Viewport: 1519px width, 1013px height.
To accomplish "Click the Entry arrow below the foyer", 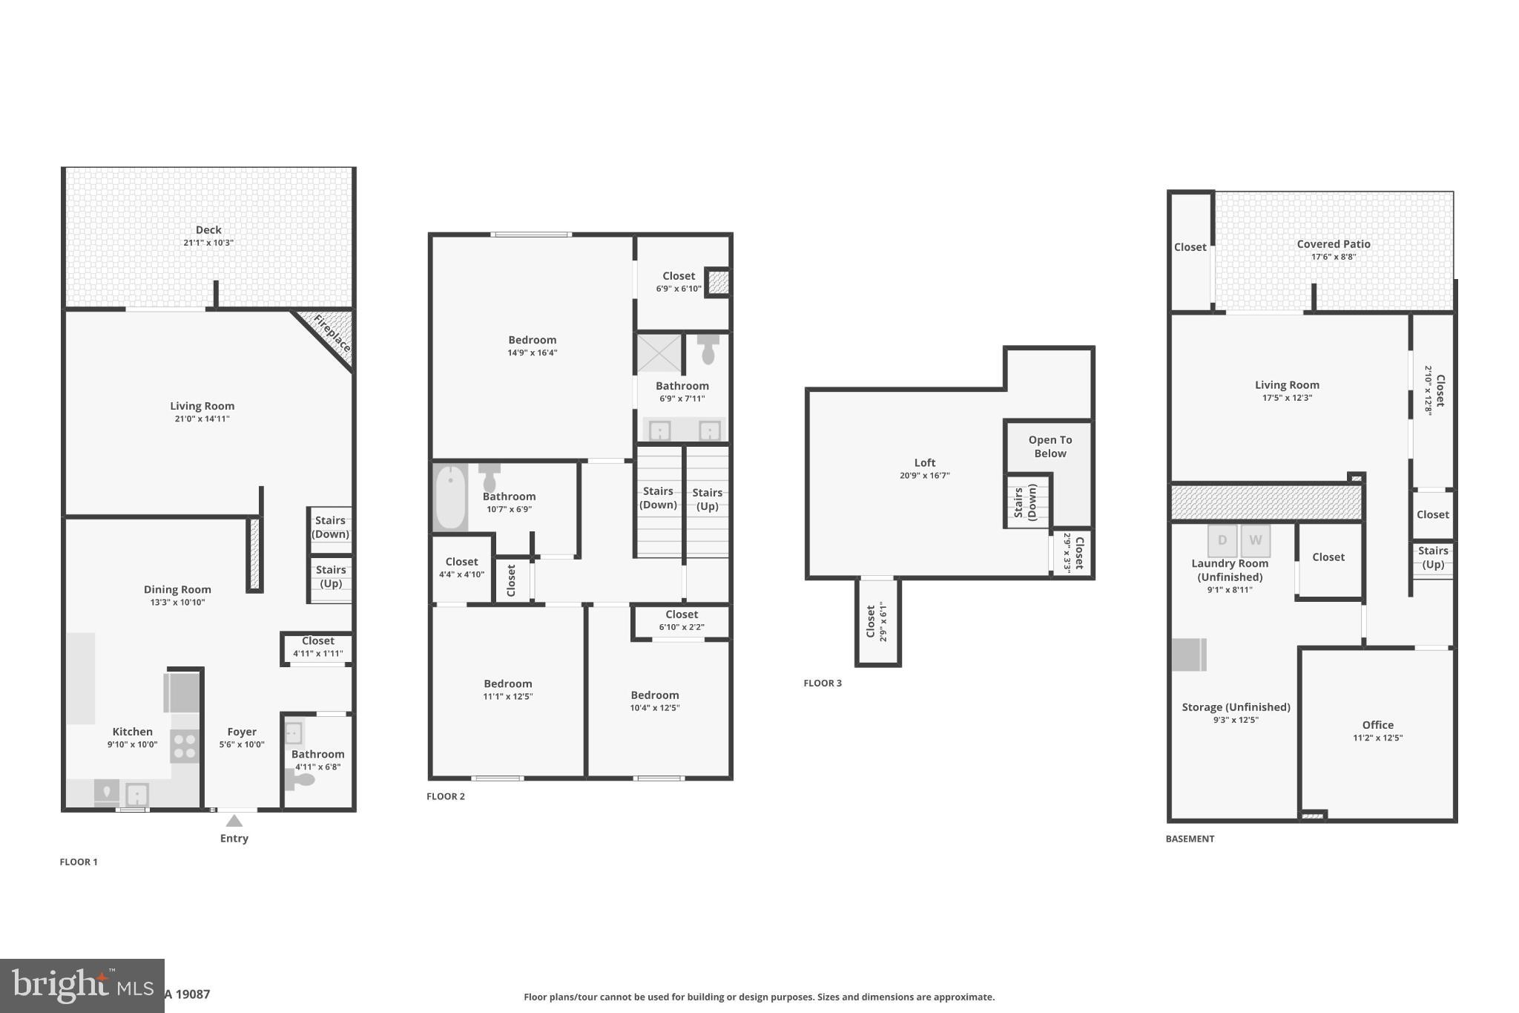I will pos(234,820).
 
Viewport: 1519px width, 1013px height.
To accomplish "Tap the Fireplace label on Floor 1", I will pos(332,334).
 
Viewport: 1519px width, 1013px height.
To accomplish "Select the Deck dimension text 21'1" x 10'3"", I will pos(208,243).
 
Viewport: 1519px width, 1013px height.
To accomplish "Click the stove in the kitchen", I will pos(185,746).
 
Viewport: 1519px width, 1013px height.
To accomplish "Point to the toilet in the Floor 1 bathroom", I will pos(300,779).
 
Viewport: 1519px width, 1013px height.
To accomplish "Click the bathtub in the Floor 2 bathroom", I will pos(450,496).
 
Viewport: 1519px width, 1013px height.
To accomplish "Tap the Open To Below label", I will pos(1050,447).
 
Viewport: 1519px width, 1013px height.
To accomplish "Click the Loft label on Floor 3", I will pos(924,462).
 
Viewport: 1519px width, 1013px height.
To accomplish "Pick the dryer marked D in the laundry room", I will pos(1222,540).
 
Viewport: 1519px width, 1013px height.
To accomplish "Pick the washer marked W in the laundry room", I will pos(1255,540).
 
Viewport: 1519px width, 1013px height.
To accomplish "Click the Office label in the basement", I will pos(1377,725).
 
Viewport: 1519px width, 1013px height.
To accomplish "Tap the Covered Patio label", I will pos(1333,244).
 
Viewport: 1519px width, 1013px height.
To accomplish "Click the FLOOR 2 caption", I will pos(446,796).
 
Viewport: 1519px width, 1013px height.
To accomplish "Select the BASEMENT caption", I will pos(1190,839).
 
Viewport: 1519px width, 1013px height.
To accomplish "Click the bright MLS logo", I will pos(82,986).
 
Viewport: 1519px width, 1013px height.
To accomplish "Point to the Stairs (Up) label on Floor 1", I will pos(331,576).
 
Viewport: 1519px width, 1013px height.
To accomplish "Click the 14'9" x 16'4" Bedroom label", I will pos(532,340).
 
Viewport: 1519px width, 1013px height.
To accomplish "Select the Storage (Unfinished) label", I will pos(1236,707).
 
